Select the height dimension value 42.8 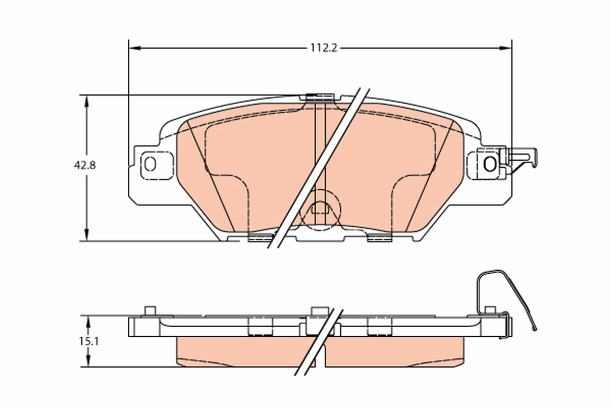point(84,165)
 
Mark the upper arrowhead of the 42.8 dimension point(87,101)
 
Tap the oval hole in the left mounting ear point(150,164)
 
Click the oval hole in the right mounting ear point(490,164)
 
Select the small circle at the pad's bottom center point(320,207)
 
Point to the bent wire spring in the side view point(509,290)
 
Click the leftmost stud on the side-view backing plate point(149,311)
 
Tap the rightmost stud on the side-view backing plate point(490,310)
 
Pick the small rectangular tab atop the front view point(319,97)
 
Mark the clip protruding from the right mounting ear point(522,158)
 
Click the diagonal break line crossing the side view point(318,342)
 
